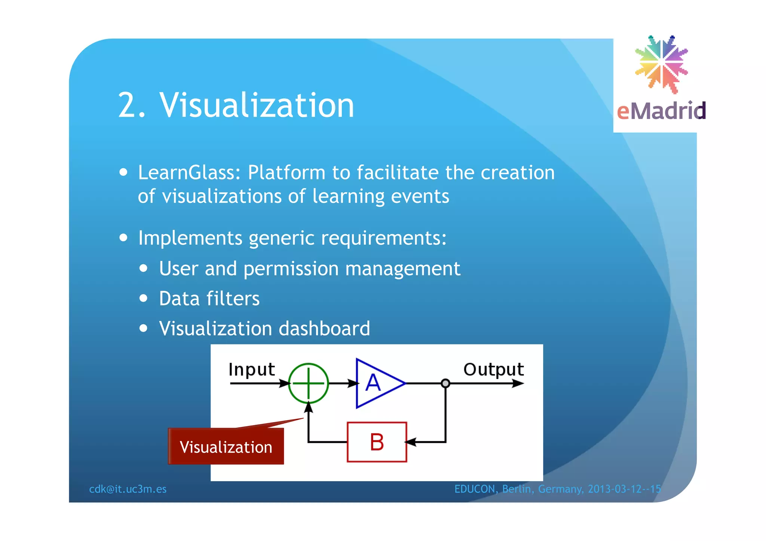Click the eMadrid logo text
coord(661,111)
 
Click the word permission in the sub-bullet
coord(291,269)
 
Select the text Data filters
coord(209,299)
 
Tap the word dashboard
coord(324,329)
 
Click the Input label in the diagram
coord(252,370)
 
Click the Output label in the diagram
coord(493,370)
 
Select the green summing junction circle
coord(309,383)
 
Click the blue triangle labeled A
coord(376,383)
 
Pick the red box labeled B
coord(377,442)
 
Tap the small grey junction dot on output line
coord(445,383)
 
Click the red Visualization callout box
coord(226,447)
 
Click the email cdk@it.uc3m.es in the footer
coord(128,489)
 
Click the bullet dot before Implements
coord(124,238)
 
